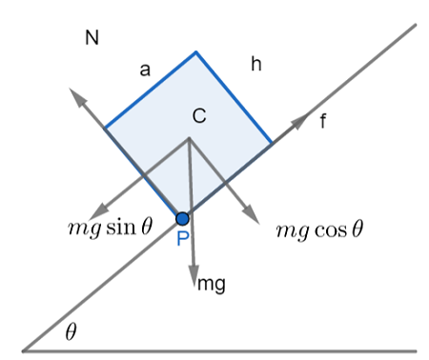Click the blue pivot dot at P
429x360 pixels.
[x=183, y=218]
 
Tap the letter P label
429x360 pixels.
[x=183, y=238]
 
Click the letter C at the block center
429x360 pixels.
[x=199, y=116]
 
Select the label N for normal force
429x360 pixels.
[x=92, y=38]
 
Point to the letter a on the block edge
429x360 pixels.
[x=145, y=69]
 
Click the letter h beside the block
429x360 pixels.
[x=255, y=64]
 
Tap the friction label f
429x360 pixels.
[x=324, y=121]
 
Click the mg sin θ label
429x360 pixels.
[x=111, y=227]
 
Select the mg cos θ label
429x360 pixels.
[x=320, y=230]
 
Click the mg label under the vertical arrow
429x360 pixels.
[x=211, y=283]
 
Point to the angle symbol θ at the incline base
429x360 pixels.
[x=71, y=332]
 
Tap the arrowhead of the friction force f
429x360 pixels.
[x=302, y=118]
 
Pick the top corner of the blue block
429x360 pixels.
[x=196, y=51]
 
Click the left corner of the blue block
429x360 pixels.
[x=105, y=129]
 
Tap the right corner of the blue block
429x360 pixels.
[x=272, y=143]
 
